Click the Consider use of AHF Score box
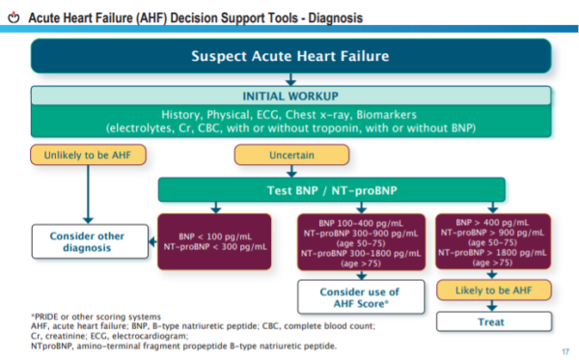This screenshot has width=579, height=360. pyautogui.click(x=358, y=296)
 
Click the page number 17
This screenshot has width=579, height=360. pyautogui.click(x=563, y=349)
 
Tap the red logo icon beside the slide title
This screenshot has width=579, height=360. pyautogui.click(x=13, y=17)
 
